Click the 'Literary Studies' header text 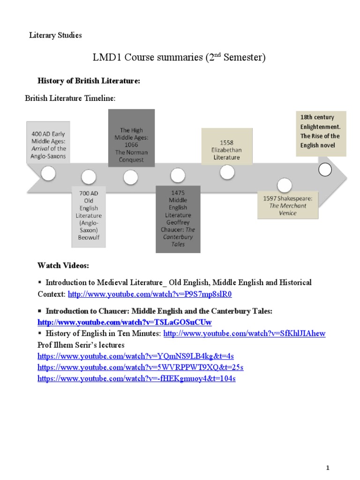pos(55,35)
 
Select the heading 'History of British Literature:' pos(89,81)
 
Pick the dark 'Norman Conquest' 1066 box pos(131,138)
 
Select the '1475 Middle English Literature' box pos(178,218)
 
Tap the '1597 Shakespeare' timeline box pos(288,205)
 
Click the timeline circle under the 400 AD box pos(48,173)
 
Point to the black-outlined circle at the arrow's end pos(325,169)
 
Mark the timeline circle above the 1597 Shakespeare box pos(284,184)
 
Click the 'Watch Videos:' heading pos(63,266)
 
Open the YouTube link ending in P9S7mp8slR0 pos(150,294)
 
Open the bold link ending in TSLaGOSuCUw pos(125,322)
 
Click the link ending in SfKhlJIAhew pos(244,334)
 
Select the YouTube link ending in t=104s pos(136,378)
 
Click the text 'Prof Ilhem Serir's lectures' pos(81,345)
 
